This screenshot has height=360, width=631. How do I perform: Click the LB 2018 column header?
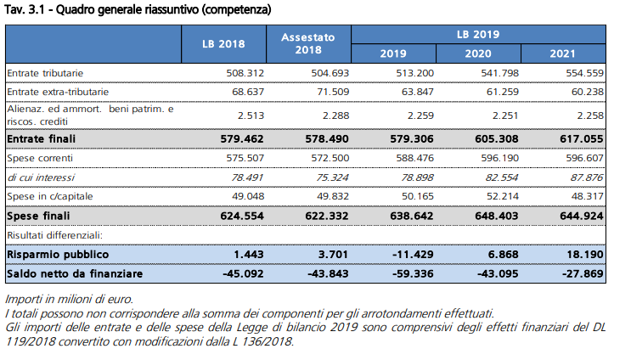[x=223, y=44]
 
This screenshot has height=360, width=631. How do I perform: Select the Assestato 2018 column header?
[x=308, y=43]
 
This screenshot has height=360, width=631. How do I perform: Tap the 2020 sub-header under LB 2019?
[x=478, y=53]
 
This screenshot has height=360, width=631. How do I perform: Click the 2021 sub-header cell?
[x=562, y=53]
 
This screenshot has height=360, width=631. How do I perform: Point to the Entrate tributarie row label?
[x=45, y=73]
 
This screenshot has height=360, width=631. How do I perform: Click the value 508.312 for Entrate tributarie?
[x=245, y=73]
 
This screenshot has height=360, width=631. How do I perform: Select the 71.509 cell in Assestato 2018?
[x=333, y=92]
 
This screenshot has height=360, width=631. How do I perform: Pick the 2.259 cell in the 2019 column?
[x=420, y=115]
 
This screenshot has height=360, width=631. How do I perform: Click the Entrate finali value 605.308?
[x=497, y=139]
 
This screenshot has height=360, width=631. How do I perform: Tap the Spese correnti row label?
[x=40, y=158]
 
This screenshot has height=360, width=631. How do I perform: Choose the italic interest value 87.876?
[x=587, y=177]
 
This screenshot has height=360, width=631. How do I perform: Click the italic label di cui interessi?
[x=41, y=177]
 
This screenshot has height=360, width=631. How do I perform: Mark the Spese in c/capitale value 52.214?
[x=503, y=196]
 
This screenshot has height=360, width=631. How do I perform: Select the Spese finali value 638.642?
[x=412, y=216]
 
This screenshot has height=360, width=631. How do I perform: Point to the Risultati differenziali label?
[x=54, y=235]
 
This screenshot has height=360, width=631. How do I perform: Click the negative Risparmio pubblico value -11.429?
[x=413, y=255]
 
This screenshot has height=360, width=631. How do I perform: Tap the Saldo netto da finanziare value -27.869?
[x=583, y=274]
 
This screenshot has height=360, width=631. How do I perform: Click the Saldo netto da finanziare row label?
[x=75, y=274]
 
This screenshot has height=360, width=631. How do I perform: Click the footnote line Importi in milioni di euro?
[x=69, y=299]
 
